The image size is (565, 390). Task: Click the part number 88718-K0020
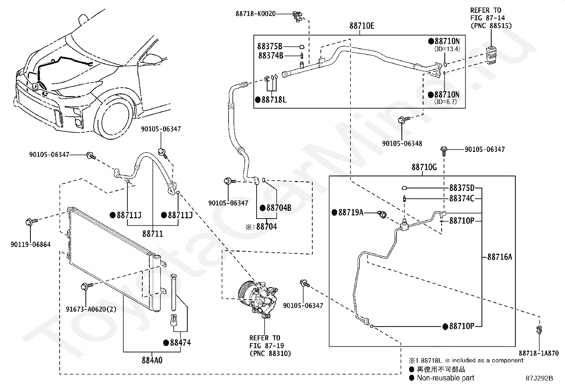[x=256, y=14]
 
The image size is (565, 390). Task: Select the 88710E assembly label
[x=362, y=26]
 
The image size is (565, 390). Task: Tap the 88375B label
[x=270, y=46]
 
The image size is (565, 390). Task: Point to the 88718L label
[x=274, y=100]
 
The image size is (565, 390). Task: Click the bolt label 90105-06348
[x=402, y=143]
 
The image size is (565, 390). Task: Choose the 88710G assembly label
[x=424, y=167]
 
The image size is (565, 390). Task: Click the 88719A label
[x=351, y=212]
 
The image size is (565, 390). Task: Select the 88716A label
[x=499, y=257]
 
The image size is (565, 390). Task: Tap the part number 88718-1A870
[x=538, y=353]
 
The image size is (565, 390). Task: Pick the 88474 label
[x=180, y=342]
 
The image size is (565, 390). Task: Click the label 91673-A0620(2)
[x=91, y=309]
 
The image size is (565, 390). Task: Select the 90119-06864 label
[x=31, y=245]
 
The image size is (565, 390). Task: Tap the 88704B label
[x=279, y=208]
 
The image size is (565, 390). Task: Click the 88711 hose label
[x=153, y=234]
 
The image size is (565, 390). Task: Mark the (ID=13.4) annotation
[x=447, y=49]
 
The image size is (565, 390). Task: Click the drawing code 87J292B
[x=539, y=378]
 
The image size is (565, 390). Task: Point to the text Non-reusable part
[x=445, y=378]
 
